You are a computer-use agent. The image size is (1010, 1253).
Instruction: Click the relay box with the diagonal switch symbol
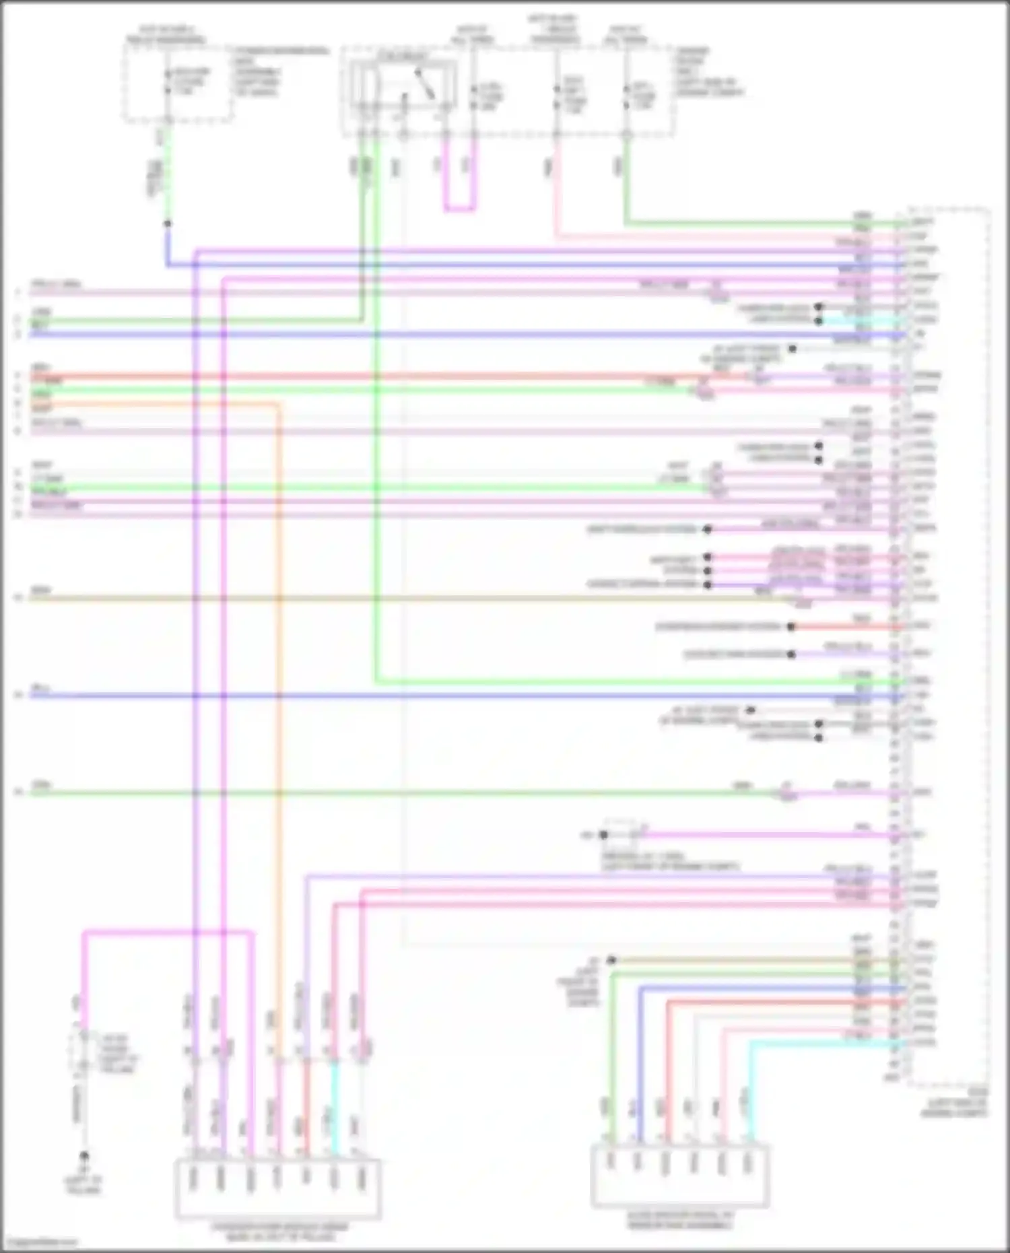(401, 86)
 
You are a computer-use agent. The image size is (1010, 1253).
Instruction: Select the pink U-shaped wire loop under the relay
(459, 209)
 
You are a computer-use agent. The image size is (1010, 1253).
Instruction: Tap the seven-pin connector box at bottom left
(278, 1189)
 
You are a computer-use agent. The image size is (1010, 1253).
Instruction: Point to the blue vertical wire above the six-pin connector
(640, 1064)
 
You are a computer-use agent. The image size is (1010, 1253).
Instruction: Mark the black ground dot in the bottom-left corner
(84, 1156)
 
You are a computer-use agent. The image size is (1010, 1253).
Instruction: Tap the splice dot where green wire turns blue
(167, 224)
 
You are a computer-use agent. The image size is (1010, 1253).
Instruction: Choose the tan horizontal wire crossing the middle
(404, 598)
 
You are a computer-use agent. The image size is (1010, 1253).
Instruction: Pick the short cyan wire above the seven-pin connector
(334, 1104)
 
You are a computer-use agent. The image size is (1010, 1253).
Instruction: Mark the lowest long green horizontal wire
(404, 793)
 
